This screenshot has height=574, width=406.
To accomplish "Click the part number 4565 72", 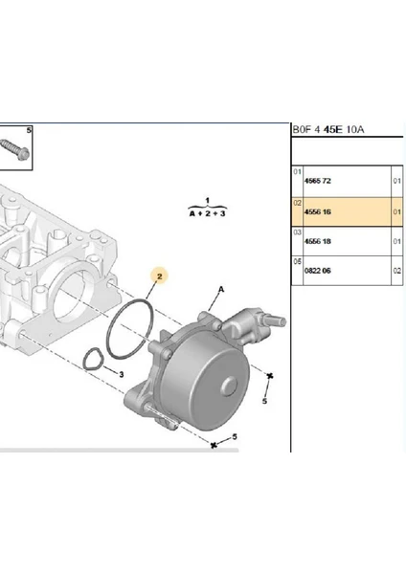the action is [317, 181].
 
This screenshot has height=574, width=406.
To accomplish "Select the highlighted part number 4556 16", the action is [317, 212].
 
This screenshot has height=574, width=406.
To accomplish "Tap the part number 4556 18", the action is [317, 241].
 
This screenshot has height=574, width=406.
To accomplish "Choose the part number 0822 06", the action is [317, 271].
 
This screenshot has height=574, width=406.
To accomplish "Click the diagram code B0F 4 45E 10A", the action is [327, 129].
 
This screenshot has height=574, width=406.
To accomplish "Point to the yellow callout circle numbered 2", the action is [159, 276].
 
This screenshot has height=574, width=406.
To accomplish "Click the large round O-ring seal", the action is [129, 328].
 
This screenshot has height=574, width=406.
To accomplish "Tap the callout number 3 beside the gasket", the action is [122, 374].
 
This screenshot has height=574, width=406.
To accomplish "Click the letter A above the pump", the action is [221, 290].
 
